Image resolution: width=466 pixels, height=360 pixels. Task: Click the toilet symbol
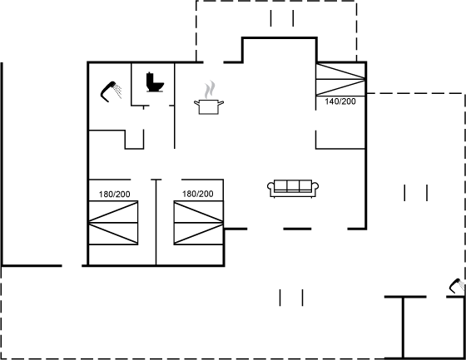pos(155,82)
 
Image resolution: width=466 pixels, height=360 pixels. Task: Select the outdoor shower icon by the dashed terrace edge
pos(457,285)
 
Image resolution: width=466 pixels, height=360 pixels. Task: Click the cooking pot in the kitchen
pos(209,106)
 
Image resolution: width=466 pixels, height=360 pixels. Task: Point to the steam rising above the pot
pos(210,89)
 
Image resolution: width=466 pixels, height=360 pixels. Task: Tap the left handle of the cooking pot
pos(196,103)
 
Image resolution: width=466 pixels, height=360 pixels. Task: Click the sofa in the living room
pos(293,189)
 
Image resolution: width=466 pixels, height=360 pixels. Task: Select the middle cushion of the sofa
pos(293,185)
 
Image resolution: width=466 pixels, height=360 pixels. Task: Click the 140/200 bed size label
pos(340,101)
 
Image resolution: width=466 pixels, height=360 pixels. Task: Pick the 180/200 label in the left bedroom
pos(115,195)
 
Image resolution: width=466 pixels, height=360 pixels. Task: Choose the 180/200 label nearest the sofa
pos(198,194)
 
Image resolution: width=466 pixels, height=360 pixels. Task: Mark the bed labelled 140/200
pos(340,79)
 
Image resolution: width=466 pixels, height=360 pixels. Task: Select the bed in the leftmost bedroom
pos(113,223)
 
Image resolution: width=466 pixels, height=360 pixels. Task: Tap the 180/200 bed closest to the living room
pos(199,223)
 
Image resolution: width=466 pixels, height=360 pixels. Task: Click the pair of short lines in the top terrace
pos(282,18)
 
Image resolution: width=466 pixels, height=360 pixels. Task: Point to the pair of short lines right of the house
pos(416,193)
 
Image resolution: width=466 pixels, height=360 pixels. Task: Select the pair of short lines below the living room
pos(291,298)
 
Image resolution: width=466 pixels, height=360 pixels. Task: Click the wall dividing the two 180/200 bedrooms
pos(156,222)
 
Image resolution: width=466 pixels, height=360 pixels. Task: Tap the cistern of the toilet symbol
pos(150,80)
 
